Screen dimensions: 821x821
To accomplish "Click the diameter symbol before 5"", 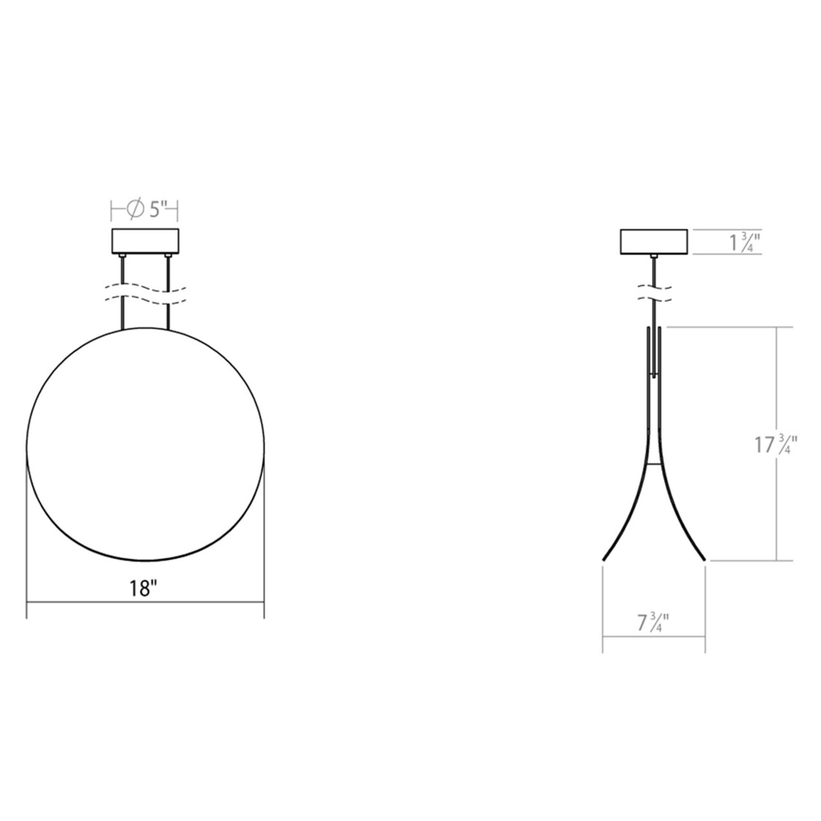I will pos(135,209).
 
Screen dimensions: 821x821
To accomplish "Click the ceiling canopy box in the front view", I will pos(145,241).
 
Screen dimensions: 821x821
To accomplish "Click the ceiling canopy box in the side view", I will pos(654,242).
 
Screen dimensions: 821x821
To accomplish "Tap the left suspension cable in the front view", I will pos(123,272).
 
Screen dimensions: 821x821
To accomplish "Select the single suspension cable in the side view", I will pos(654,272).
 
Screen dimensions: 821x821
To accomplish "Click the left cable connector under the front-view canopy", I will pos(122,256).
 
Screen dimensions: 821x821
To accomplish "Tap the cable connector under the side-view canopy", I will pos(654,256).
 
